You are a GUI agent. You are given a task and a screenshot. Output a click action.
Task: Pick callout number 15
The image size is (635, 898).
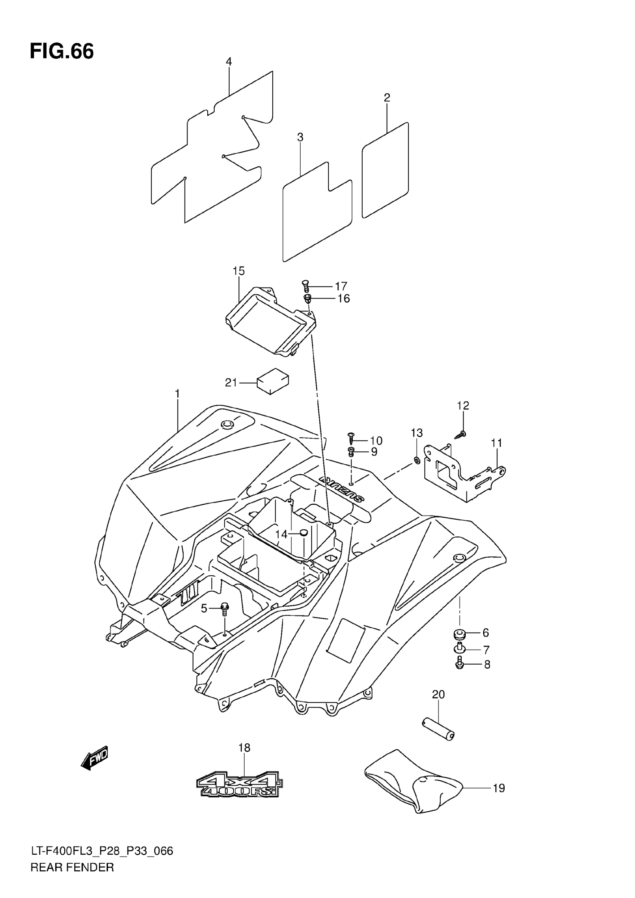pos(239,271)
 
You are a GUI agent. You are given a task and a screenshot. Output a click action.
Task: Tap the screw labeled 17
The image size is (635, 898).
pos(306,286)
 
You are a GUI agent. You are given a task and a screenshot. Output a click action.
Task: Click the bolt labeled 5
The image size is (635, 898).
pos(224,609)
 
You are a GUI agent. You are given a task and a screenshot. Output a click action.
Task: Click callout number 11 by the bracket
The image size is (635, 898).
pos(496,443)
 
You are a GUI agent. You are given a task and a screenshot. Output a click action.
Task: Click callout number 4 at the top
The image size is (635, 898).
pos(229,61)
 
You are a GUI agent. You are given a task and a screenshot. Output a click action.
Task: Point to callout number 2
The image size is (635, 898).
pos(387,97)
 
